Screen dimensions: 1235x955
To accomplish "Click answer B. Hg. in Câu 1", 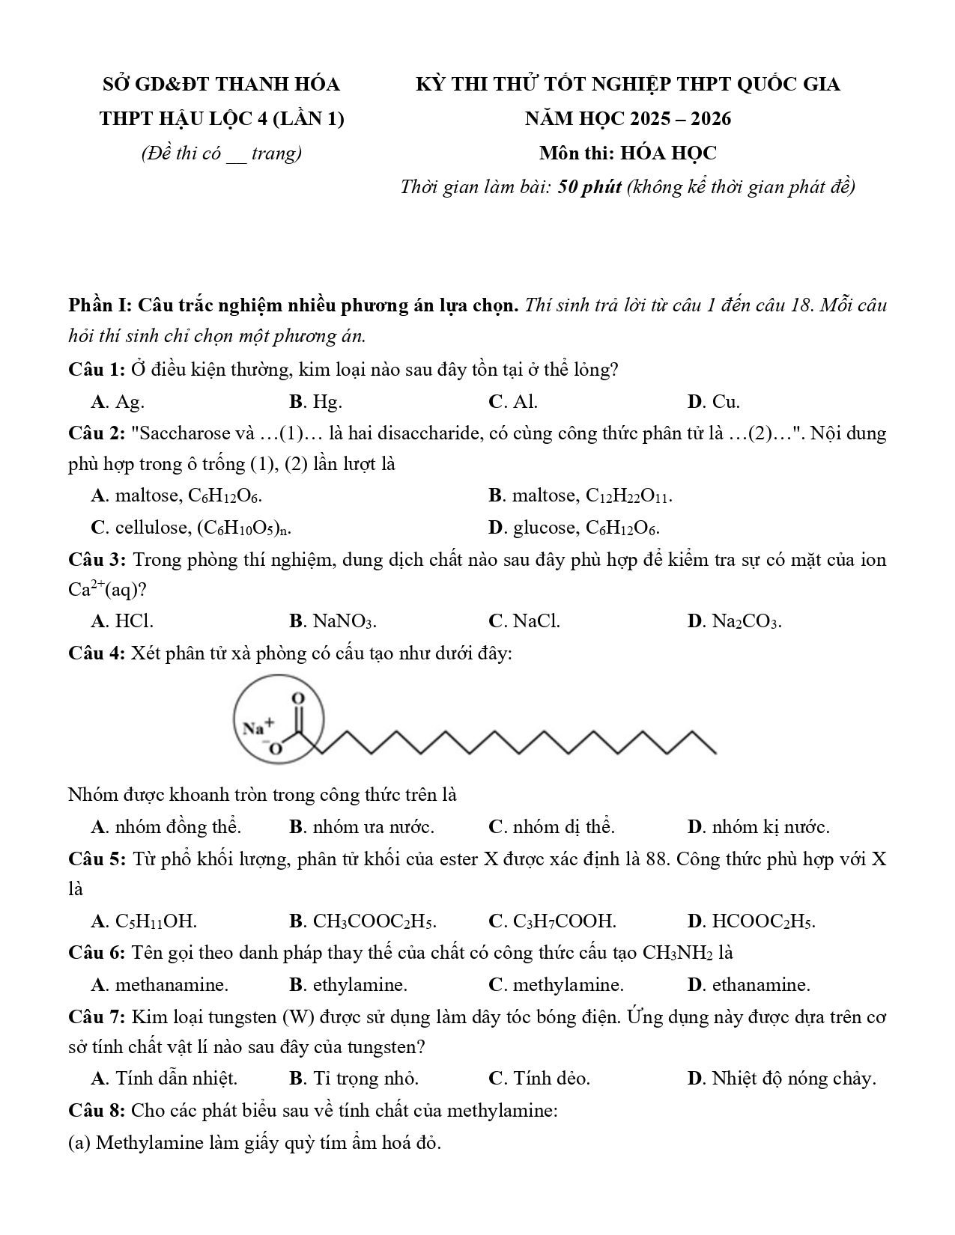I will (315, 402).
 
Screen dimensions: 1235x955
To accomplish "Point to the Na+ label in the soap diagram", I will (259, 725).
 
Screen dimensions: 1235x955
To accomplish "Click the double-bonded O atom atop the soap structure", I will (298, 698).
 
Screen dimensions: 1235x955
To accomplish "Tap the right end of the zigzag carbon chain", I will (714, 751).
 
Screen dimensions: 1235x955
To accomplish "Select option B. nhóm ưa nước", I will (361, 827).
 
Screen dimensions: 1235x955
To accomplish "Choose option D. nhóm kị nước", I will (758, 827).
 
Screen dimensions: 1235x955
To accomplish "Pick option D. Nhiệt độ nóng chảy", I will (781, 1079).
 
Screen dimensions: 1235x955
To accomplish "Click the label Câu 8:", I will (96, 1110).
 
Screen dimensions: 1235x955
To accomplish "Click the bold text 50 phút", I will (589, 186).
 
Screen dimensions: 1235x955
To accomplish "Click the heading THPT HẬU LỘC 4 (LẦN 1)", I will (222, 119).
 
